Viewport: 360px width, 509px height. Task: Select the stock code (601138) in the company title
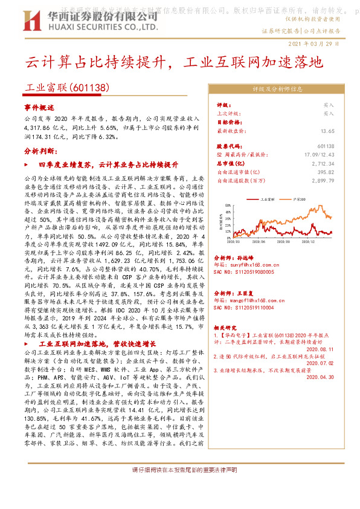click(x=90, y=87)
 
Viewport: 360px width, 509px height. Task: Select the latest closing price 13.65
click(x=327, y=131)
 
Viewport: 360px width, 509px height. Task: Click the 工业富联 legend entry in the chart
click(x=267, y=198)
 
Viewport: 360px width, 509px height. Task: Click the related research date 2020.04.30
click(x=321, y=377)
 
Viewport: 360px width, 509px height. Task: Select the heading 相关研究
click(x=227, y=326)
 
